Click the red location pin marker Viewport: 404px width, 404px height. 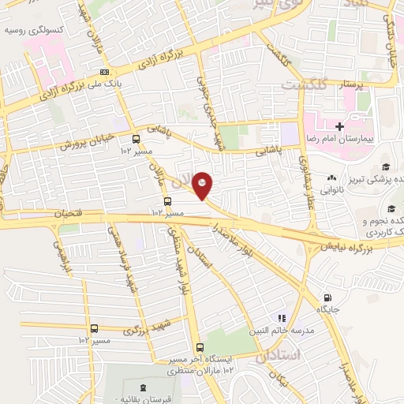coord(204,185)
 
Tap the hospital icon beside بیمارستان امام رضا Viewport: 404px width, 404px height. coord(339,126)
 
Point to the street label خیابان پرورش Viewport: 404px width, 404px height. coord(83,144)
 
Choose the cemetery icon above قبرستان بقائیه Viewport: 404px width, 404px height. coord(143,387)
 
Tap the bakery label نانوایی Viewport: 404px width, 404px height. coord(331,190)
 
